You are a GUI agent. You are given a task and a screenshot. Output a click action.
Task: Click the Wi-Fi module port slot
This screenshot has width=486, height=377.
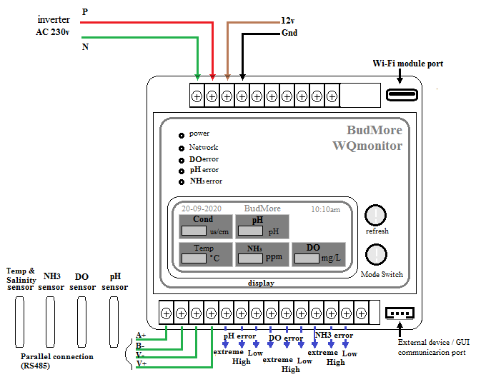coord(402,95)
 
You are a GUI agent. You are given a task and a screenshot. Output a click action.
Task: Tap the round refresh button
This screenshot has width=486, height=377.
coord(375,215)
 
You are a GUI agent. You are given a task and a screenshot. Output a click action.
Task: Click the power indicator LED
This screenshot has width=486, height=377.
coord(182,135)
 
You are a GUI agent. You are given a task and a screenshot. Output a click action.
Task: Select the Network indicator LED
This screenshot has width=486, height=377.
coord(182,149)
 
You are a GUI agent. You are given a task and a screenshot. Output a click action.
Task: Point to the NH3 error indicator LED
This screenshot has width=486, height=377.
coord(182,182)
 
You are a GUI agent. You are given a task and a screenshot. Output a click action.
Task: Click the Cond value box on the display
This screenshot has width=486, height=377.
coord(194,231)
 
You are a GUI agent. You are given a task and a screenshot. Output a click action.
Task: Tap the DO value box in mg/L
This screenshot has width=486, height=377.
coord(307,258)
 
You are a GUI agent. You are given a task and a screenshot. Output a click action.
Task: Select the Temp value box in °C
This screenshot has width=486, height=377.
coord(194,258)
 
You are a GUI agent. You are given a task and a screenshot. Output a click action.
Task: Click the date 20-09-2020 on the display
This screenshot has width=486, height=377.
coord(202,208)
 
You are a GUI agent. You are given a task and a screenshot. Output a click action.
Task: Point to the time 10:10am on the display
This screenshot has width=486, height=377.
coord(325,209)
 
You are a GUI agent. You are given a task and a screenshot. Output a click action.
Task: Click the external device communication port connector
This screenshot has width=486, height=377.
coord(400,313)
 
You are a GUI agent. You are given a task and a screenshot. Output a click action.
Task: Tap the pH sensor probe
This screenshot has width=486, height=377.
coord(114,322)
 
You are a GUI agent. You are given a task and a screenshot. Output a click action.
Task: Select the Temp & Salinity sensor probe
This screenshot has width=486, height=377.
coord(19,322)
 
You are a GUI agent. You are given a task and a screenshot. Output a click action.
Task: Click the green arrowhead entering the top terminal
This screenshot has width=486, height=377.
coord(197,77)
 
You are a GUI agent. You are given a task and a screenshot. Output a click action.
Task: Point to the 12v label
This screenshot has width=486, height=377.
coord(287,21)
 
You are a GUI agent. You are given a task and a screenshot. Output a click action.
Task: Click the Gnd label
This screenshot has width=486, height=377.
coord(289,33)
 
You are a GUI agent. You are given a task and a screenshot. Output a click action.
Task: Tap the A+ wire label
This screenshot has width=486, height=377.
coord(141,335)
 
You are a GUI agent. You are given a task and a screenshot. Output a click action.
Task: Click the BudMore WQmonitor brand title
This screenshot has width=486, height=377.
coord(367,138)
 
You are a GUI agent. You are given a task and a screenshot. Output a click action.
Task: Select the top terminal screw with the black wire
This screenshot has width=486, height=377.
coord(242,97)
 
